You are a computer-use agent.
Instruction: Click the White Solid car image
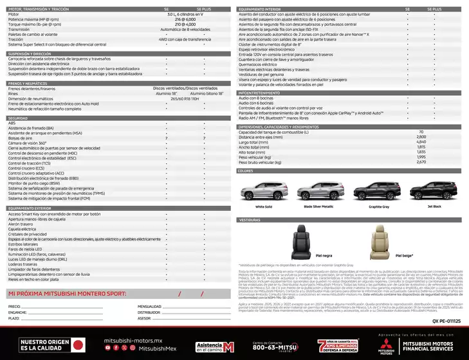click(x=263, y=192)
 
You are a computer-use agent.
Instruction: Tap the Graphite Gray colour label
click(x=379, y=207)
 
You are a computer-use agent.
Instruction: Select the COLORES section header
click(x=246, y=171)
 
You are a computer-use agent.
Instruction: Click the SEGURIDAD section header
click(x=17, y=118)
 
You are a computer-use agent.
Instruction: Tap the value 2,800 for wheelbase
click(x=421, y=136)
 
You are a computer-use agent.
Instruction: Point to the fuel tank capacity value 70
click(x=421, y=132)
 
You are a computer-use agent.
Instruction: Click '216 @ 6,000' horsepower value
click(x=185, y=20)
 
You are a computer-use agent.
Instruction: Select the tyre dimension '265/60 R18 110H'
click(x=185, y=98)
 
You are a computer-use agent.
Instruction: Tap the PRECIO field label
click(x=14, y=307)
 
